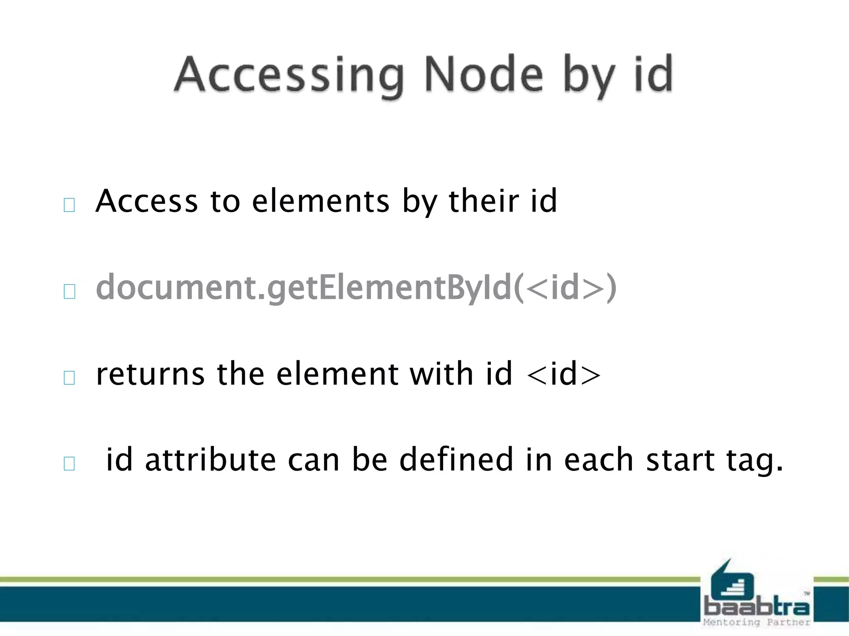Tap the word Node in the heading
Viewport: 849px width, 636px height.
(483, 75)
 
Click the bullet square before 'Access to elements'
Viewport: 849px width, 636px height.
(69, 205)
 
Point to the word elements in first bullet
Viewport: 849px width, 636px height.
(320, 201)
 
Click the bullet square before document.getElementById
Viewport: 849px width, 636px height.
(69, 291)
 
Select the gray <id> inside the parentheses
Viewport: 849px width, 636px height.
(565, 288)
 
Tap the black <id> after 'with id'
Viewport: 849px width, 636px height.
(564, 374)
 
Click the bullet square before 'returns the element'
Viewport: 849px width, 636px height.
(69, 378)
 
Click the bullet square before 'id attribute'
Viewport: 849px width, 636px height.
(69, 463)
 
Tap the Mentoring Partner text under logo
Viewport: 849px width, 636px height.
(756, 622)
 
